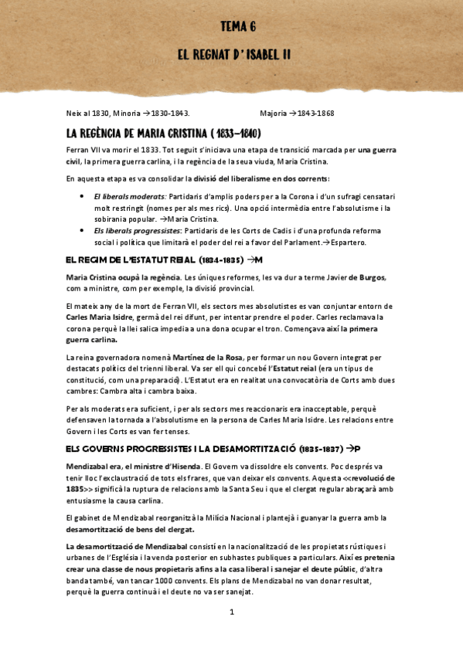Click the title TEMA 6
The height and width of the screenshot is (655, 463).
pyautogui.click(x=238, y=26)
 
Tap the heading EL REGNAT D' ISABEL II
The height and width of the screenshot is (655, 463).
pyautogui.click(x=233, y=56)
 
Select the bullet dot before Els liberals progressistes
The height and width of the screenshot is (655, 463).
pyautogui.click(x=83, y=231)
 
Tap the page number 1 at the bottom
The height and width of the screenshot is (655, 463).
pyautogui.click(x=231, y=613)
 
